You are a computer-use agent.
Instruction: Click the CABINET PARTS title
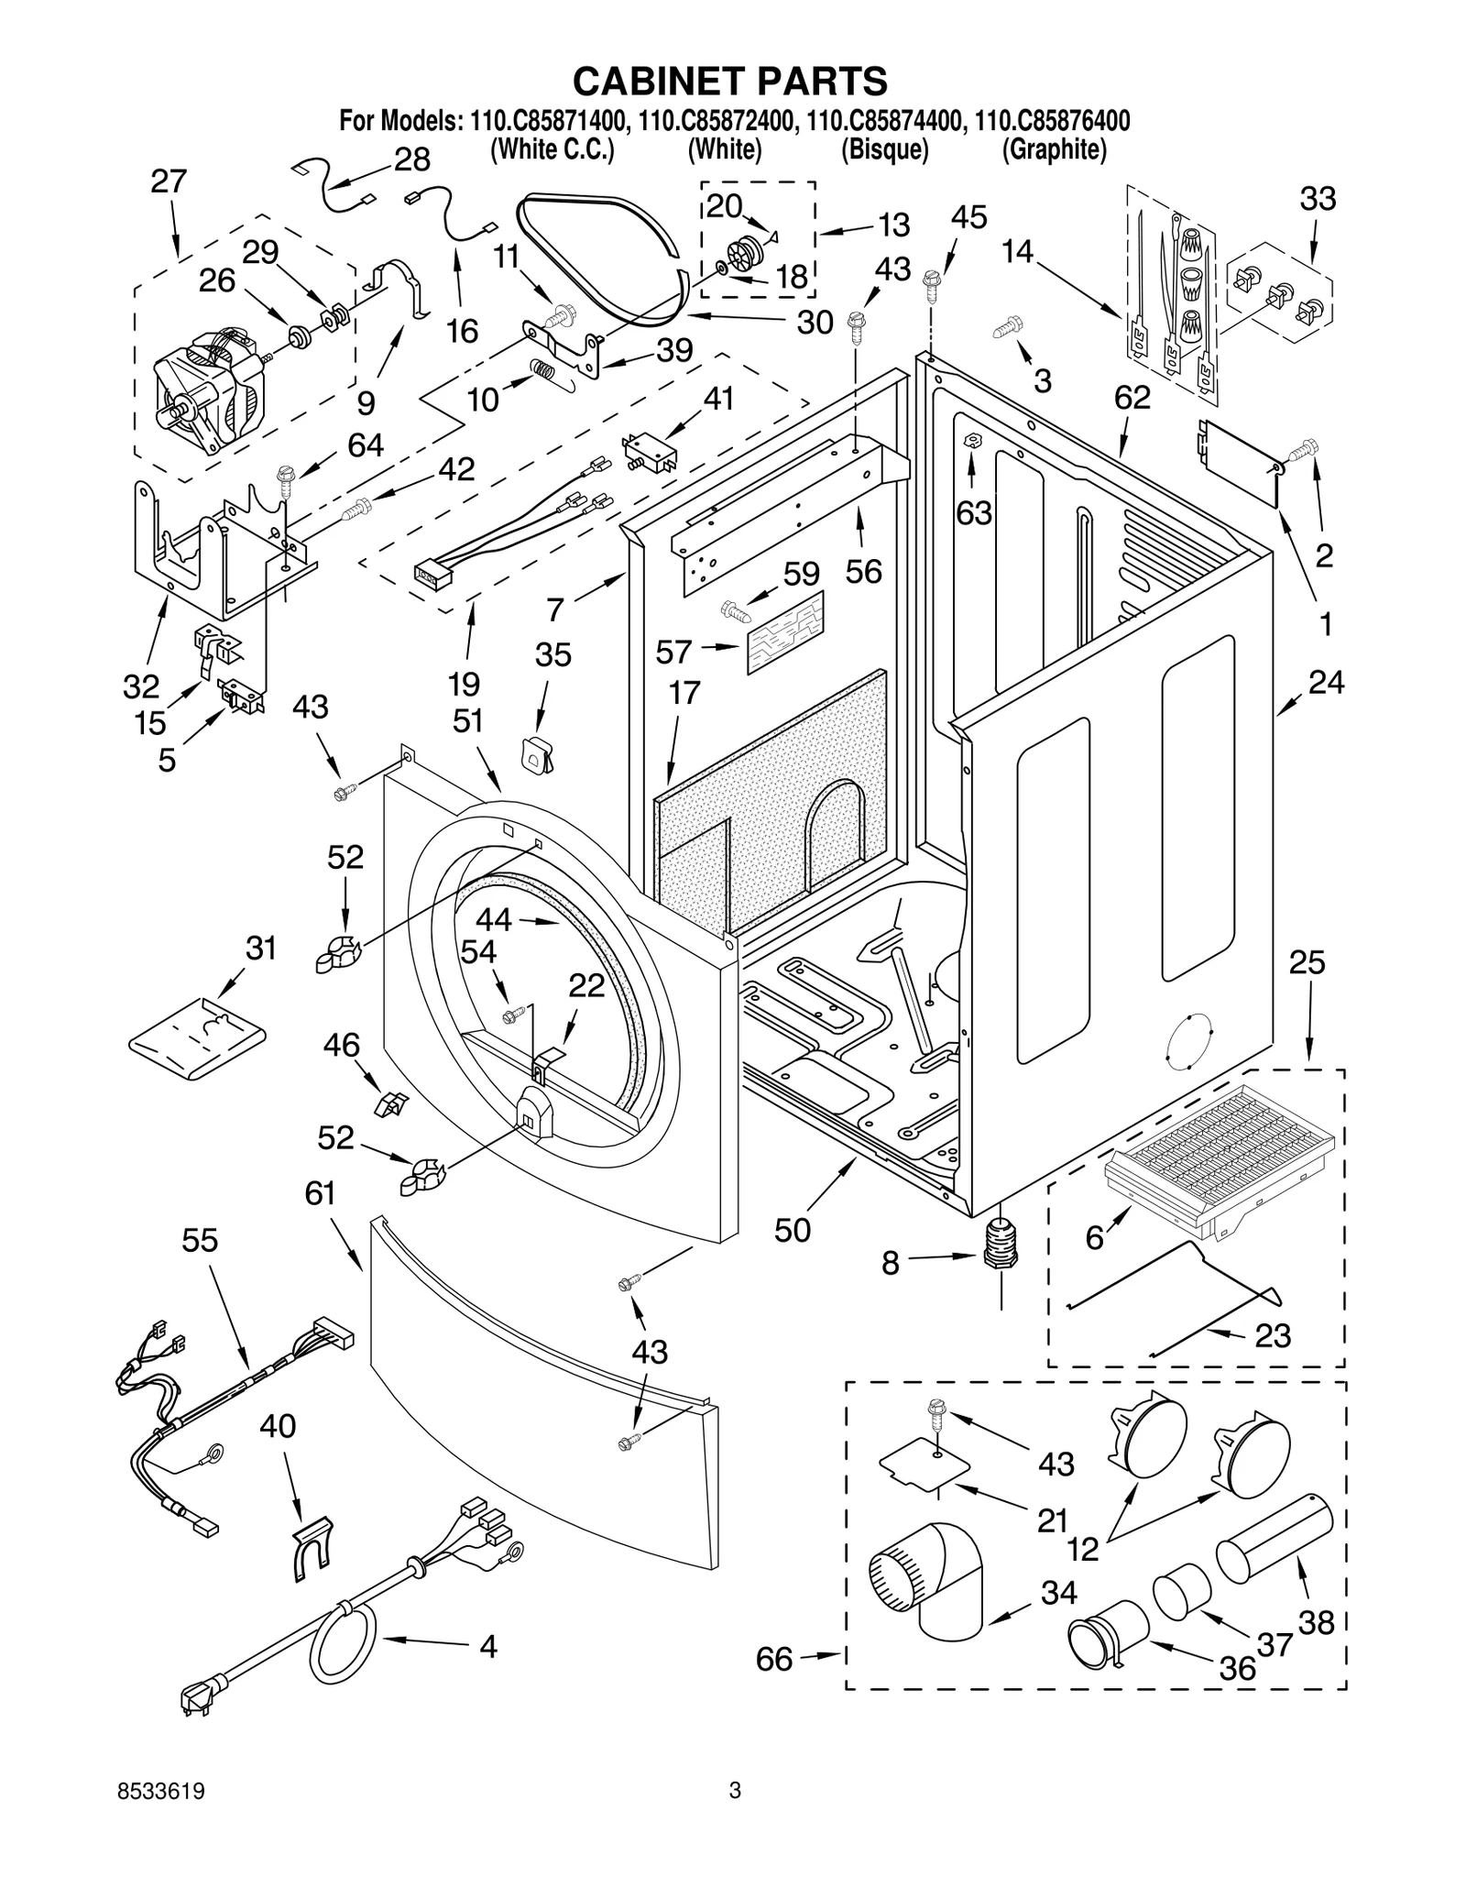pos(730,81)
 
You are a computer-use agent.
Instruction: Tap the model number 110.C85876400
pos(1052,121)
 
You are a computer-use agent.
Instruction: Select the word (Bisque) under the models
pos(885,149)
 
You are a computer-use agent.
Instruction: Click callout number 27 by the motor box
pos(169,181)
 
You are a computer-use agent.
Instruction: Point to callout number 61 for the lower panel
pos(321,1193)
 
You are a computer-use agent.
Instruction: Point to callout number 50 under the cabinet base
pos(793,1231)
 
